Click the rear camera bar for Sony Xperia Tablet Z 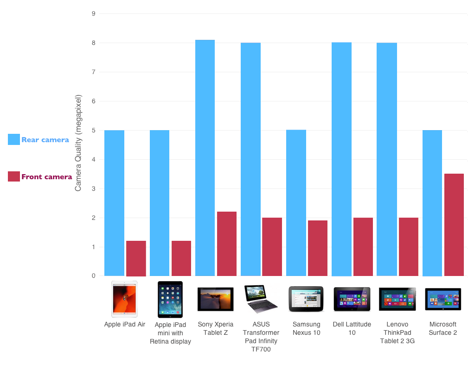point(205,157)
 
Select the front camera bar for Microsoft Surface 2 point(454,225)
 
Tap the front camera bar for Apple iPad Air point(136,258)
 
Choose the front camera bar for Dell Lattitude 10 point(363,246)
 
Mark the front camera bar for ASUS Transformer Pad point(272,246)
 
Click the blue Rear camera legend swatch point(14,139)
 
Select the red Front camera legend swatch point(14,176)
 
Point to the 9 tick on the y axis point(93,13)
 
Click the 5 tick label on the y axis point(93,130)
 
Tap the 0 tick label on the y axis point(93,276)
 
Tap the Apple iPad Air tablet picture point(124,299)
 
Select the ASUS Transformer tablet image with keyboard point(261,299)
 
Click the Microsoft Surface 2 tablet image point(443,299)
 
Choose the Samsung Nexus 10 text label point(306,328)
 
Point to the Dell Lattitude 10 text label point(352,328)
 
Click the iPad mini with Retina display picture point(170,299)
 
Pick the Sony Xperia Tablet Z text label point(215,328)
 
